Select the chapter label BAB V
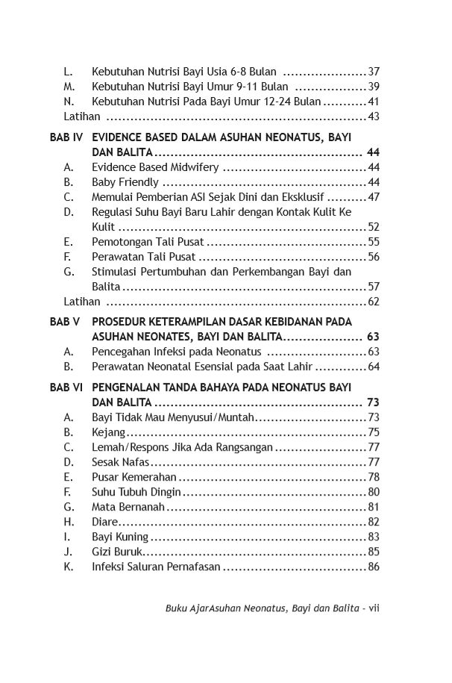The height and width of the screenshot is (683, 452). click(x=65, y=322)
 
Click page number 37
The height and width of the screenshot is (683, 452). click(x=374, y=72)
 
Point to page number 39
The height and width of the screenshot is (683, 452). click(x=374, y=87)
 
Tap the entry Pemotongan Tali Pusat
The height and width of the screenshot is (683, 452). click(x=148, y=242)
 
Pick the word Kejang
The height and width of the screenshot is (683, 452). click(x=108, y=432)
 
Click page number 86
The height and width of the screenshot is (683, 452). click(x=374, y=567)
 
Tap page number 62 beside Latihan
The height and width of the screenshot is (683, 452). click(x=374, y=302)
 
